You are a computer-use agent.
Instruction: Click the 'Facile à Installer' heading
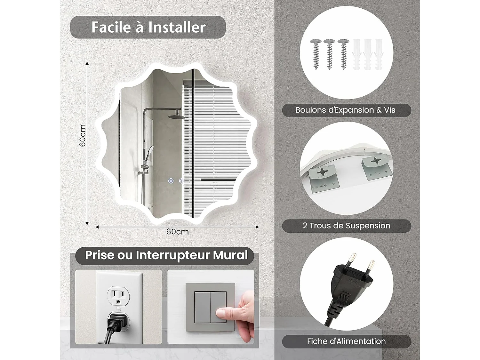(148, 27)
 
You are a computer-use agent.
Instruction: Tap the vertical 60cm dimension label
(83, 135)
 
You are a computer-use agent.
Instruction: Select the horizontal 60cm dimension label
(177, 232)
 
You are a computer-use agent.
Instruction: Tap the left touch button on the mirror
(171, 181)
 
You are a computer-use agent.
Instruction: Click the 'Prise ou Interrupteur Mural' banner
(166, 255)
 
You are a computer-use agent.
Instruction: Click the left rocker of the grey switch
(202, 307)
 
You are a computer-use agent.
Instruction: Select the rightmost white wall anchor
(379, 54)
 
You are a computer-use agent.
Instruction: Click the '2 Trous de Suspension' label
(346, 226)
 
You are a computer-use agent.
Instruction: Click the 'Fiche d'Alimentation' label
(346, 341)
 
